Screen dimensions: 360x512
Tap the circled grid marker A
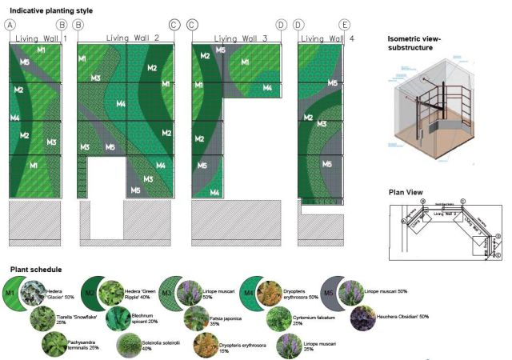click(11, 26)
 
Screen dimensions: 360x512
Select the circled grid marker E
click(344, 26)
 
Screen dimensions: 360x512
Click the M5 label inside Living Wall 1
click(25, 62)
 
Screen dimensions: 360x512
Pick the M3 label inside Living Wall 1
click(51, 142)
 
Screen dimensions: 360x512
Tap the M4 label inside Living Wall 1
click(15, 118)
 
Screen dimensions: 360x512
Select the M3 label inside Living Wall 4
click(322, 124)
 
